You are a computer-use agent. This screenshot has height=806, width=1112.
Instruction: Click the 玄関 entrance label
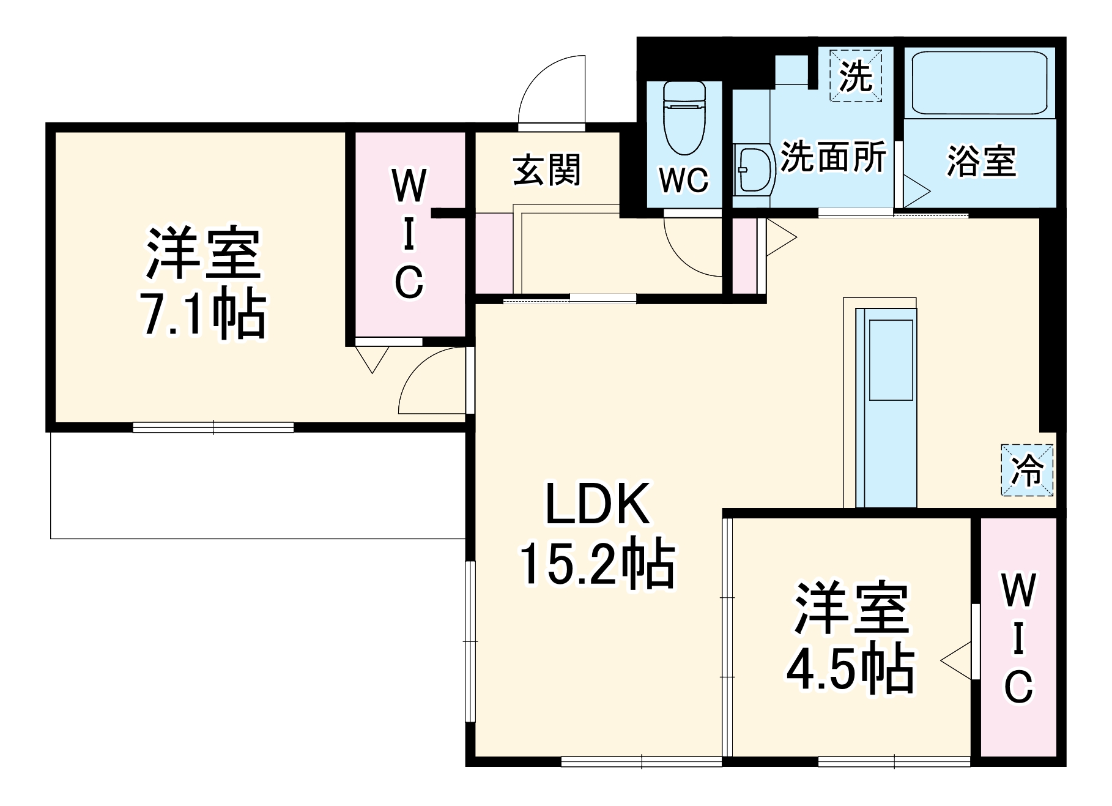tap(546, 170)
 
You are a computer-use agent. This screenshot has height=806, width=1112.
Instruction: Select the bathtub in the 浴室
tap(979, 83)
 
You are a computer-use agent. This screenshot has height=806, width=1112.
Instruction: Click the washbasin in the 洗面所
tap(753, 169)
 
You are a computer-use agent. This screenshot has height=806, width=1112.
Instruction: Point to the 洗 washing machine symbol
tap(855, 76)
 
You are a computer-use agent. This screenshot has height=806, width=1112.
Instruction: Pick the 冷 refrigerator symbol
tap(1028, 470)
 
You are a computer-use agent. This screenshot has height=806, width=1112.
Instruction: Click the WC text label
tap(684, 180)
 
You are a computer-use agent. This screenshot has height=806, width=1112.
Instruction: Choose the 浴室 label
tap(980, 162)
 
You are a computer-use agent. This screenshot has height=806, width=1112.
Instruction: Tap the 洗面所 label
tap(834, 158)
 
